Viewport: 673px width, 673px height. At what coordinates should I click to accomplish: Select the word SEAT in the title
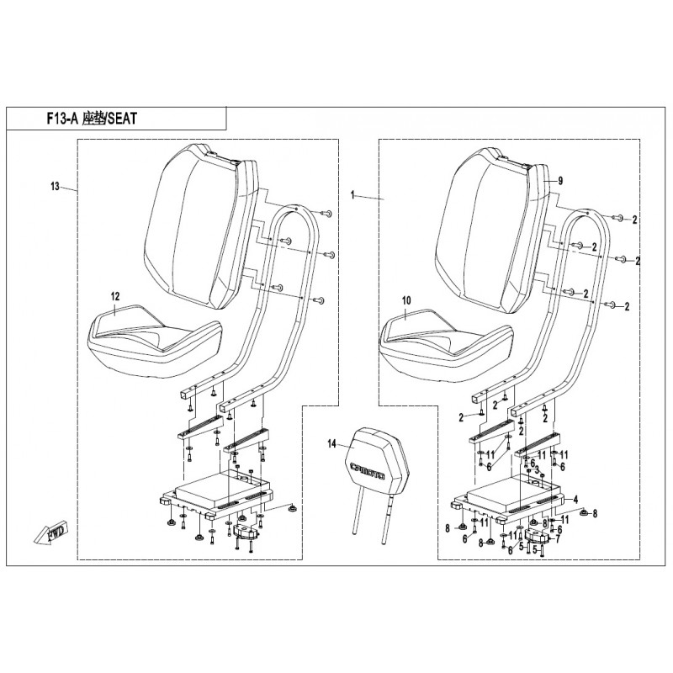[x=122, y=119]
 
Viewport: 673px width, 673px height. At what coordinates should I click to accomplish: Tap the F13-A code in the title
[x=62, y=119]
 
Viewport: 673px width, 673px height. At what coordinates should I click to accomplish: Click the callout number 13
[x=55, y=187]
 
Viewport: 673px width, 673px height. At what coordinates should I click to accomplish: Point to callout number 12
[x=115, y=297]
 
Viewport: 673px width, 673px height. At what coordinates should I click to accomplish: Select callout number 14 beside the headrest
[x=331, y=444]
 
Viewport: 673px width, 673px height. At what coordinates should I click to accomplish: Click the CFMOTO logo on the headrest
[x=368, y=471]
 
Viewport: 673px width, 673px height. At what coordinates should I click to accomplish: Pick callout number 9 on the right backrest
[x=559, y=181]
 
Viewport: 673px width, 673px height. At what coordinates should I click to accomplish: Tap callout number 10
[x=406, y=300]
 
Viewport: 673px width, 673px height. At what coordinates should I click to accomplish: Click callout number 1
[x=352, y=195]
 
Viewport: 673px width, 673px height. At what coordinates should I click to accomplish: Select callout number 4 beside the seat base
[x=575, y=500]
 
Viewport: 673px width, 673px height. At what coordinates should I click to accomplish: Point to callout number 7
[x=558, y=538]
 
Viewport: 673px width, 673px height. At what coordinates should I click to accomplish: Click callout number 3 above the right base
[x=537, y=471]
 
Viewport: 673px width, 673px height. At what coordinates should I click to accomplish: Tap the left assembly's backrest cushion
[x=200, y=226]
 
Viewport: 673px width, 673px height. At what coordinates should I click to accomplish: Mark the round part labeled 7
[x=537, y=536]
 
